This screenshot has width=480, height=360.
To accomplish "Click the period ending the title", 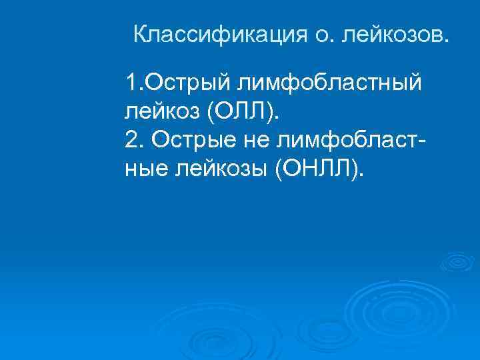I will point(446,40).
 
